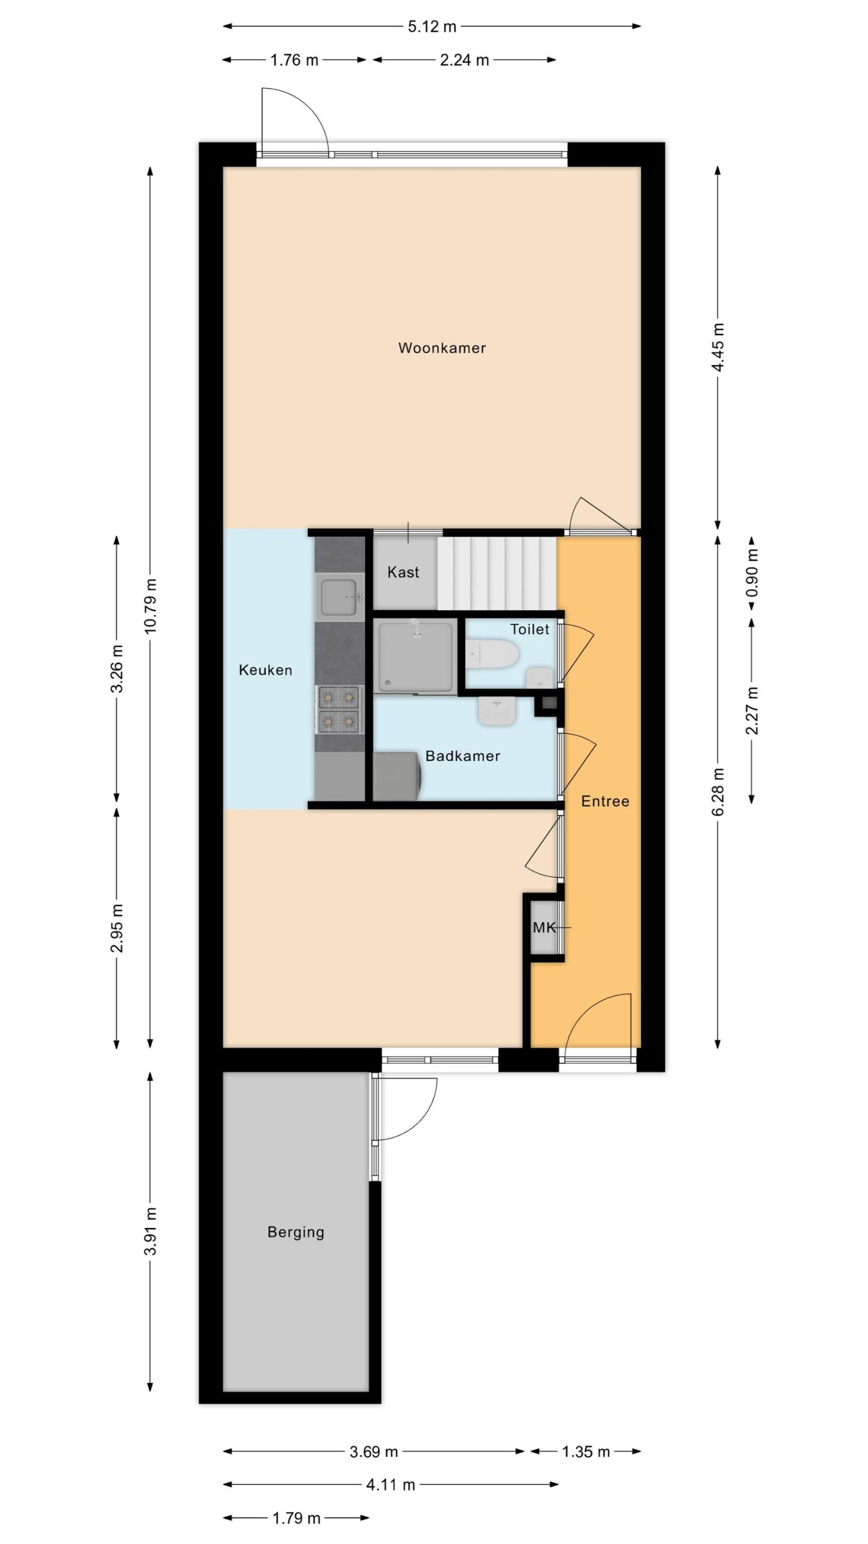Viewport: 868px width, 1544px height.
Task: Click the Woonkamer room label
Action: click(442, 348)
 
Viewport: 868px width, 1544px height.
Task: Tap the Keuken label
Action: click(265, 670)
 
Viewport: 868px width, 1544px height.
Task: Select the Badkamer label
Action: click(463, 756)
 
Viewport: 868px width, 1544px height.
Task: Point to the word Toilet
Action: click(530, 630)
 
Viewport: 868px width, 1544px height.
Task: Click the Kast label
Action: click(403, 572)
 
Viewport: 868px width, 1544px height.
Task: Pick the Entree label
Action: click(605, 802)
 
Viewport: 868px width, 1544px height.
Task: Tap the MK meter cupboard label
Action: click(544, 928)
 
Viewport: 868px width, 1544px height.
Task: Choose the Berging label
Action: click(295, 1232)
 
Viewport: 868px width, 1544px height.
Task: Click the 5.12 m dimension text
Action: click(432, 27)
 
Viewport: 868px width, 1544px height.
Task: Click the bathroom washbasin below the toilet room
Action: click(498, 712)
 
